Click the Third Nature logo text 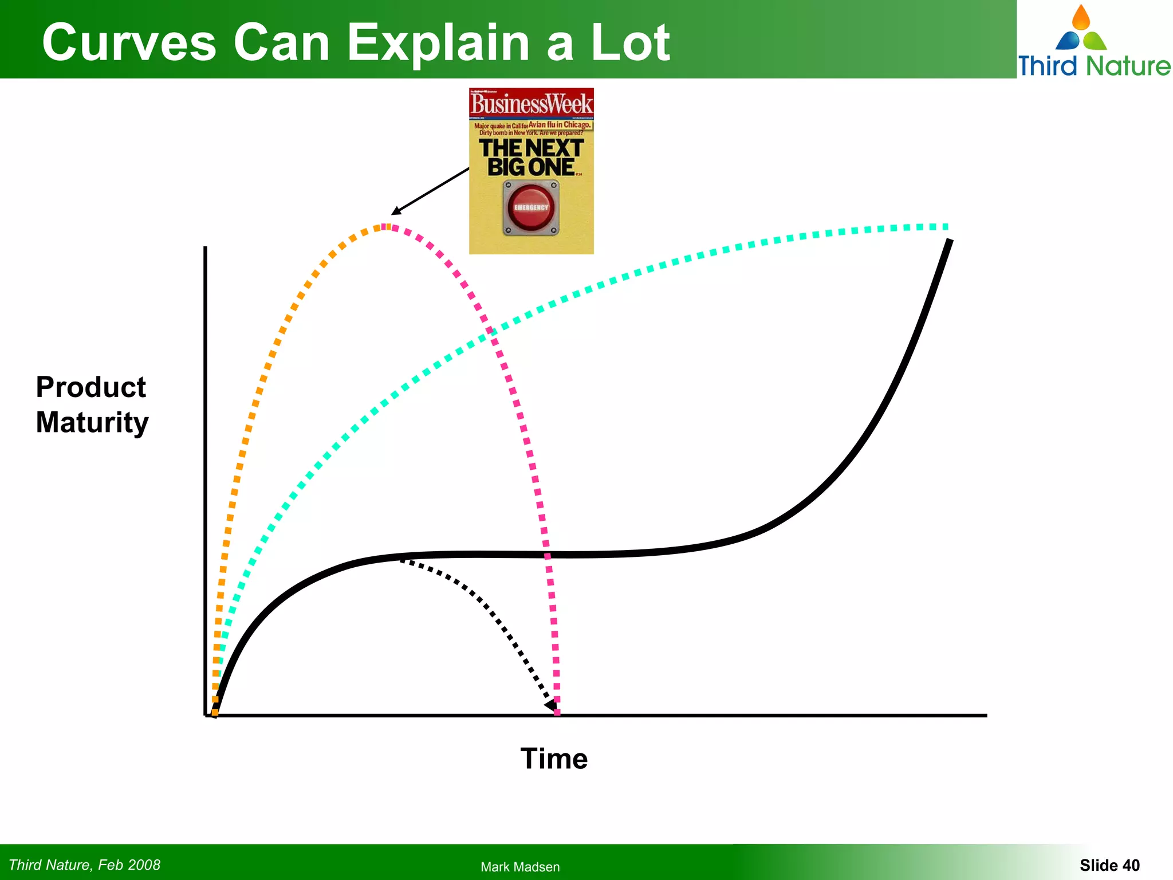tap(1093, 65)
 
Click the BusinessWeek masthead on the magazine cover tap(531, 104)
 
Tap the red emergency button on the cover tap(531, 208)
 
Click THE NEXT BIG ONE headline tap(531, 157)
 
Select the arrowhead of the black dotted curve tap(552, 705)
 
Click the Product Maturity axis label tap(92, 404)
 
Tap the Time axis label tap(553, 759)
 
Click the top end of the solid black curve tap(950, 242)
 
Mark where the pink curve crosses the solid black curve tap(548, 555)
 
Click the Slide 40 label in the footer tap(1109, 865)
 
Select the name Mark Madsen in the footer tap(519, 867)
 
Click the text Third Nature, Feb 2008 tap(85, 865)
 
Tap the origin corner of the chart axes tap(206, 714)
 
